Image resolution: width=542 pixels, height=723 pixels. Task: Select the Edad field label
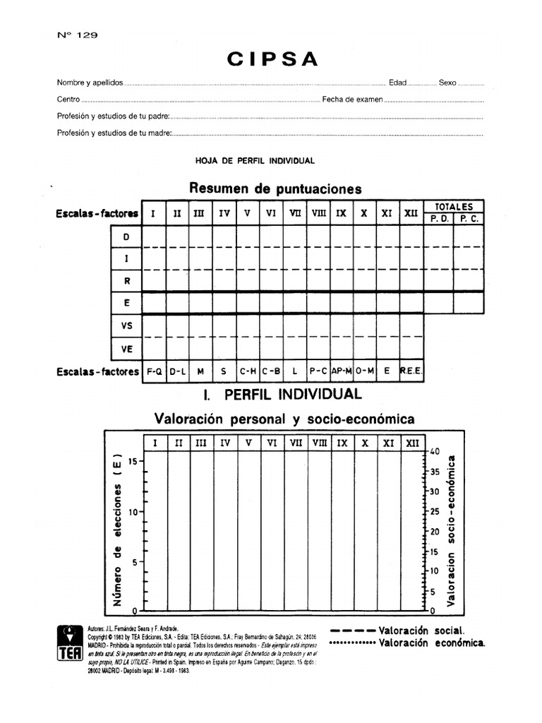pos(397,83)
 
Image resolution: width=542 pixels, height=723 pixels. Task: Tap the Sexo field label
pos(447,83)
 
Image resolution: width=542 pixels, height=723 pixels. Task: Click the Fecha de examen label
pos(352,100)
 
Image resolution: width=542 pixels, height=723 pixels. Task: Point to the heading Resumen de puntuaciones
pos(275,189)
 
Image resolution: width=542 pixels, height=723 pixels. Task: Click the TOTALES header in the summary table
pos(453,206)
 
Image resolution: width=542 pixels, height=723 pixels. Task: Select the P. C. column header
pos(469,219)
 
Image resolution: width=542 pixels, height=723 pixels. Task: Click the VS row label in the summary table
pos(126,325)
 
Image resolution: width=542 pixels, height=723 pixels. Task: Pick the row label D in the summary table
pos(126,237)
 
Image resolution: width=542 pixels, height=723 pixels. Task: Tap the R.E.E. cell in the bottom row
pos(411,370)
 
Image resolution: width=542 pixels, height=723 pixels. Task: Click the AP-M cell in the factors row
pos(342,370)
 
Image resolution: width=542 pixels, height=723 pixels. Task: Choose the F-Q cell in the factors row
pos(154,370)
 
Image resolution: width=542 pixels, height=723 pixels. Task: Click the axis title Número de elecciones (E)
pos(117,530)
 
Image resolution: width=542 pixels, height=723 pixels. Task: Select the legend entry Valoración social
pos(421,630)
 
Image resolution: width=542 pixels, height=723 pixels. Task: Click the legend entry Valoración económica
pos(431,643)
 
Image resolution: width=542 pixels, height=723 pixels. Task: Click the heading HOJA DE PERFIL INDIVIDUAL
pos(255,160)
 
